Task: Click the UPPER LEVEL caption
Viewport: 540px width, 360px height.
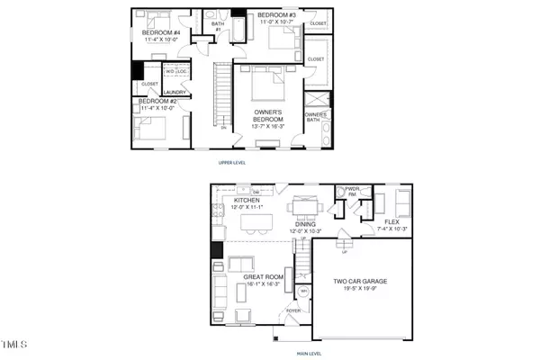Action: point(233,163)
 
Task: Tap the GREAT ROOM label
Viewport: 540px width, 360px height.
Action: point(262,277)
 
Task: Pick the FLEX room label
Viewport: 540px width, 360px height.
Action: point(393,221)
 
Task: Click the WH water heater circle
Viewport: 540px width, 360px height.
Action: point(303,292)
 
